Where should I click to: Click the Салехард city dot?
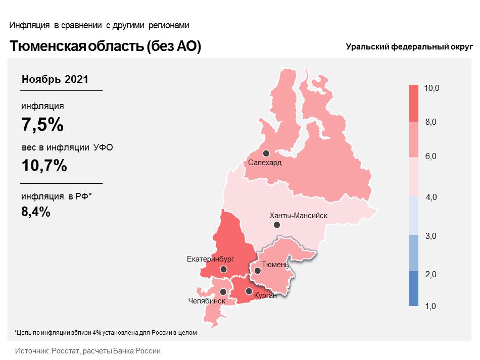click(266, 153)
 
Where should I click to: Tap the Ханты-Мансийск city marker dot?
click(277, 225)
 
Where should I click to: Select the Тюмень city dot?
click(258, 271)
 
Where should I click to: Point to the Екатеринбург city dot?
click(223, 270)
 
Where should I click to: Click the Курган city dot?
click(249, 291)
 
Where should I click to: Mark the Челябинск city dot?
click(223, 292)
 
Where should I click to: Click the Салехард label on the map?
click(264, 163)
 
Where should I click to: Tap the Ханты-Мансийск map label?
click(299, 216)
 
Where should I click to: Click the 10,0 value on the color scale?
click(431, 88)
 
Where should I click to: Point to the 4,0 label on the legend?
click(431, 197)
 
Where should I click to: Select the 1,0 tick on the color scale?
click(430, 306)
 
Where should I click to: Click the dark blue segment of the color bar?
click(414, 288)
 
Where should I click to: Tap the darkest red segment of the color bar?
click(414, 104)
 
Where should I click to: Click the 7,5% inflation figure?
click(42, 125)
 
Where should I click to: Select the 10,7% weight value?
click(44, 166)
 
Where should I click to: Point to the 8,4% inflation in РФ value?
click(36, 212)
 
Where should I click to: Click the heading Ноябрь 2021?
click(55, 79)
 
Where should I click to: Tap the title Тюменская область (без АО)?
click(105, 46)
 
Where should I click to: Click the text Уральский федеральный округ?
click(409, 47)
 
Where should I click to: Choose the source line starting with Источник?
click(88, 351)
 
